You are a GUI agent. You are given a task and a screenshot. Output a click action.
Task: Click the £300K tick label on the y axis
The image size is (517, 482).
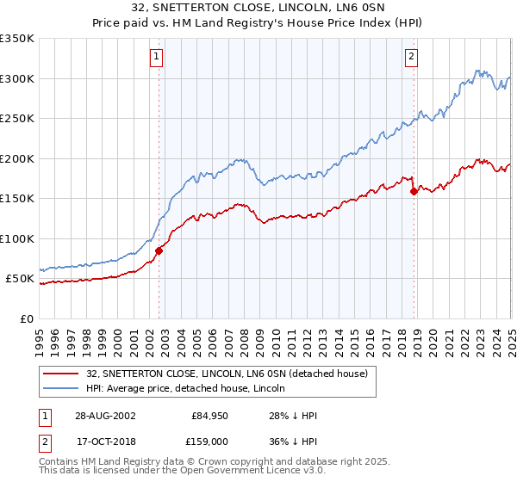17,78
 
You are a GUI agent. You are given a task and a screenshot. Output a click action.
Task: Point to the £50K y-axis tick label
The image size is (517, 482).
20,279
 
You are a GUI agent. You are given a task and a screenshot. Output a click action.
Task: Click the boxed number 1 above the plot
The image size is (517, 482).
157,57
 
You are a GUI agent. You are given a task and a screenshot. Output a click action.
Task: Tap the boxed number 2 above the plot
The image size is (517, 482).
412,57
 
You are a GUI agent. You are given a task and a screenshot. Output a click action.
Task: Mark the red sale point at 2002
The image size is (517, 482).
159,250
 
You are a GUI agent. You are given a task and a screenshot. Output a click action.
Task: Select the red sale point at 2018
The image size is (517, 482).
414,191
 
